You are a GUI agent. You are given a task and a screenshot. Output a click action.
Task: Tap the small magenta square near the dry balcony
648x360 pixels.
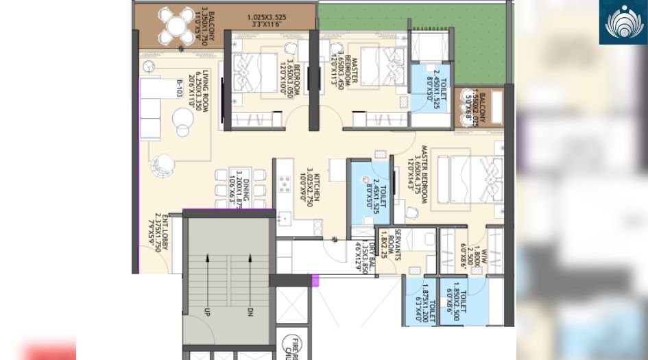pos(316,280)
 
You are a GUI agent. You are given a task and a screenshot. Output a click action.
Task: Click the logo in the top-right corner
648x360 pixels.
pos(623,22)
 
